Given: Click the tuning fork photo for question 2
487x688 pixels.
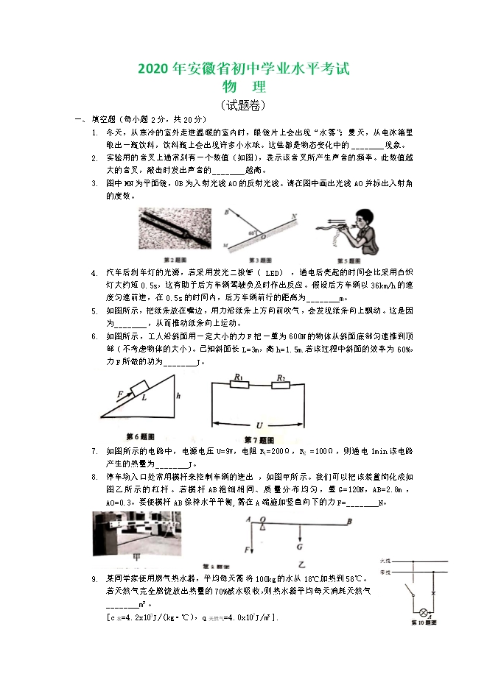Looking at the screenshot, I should [x=177, y=230].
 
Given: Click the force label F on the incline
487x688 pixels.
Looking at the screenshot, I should [x=119, y=395].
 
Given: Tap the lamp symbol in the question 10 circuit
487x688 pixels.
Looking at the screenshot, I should [x=424, y=611].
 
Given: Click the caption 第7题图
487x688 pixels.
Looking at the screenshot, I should [x=259, y=440].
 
